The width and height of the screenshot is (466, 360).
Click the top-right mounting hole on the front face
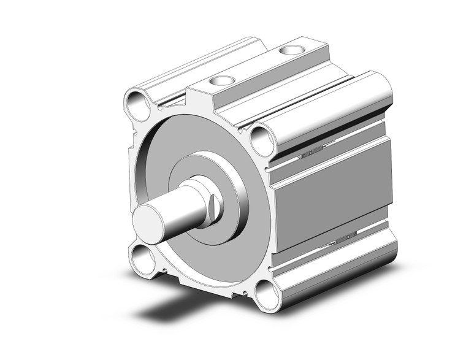coord(262,141)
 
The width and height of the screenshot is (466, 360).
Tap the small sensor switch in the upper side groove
coord(309,151)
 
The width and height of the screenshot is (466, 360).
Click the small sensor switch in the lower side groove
coord(343,236)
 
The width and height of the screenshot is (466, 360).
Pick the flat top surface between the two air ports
coord(258,64)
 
